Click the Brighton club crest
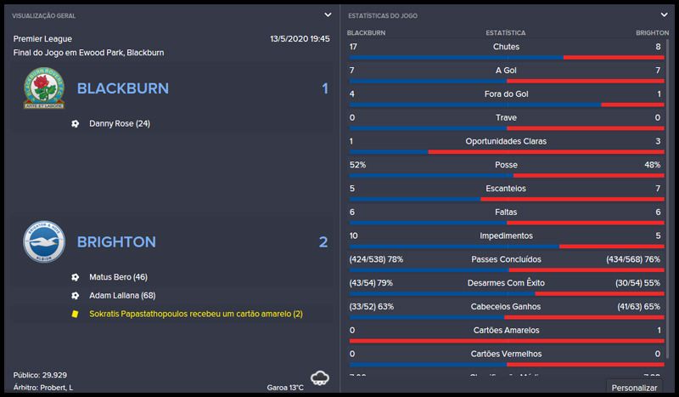43,242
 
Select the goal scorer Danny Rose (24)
119,123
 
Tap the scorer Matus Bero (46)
118,277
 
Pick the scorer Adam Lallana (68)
122,295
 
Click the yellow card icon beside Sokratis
76,314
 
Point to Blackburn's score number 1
324,88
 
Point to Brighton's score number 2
323,242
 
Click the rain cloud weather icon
320,377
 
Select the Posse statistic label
506,164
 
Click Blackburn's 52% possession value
358,164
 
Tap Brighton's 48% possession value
652,164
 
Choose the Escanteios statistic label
506,188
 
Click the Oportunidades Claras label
506,140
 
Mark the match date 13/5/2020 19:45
300,38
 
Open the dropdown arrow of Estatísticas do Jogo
664,14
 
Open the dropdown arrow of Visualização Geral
328,14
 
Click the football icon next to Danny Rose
76,123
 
